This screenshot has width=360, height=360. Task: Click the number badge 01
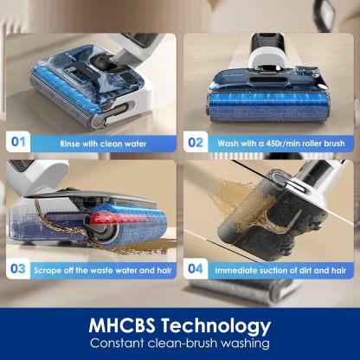[18, 142]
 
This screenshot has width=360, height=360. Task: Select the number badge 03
[18, 269]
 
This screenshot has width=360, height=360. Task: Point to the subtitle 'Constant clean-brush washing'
[180, 345]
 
